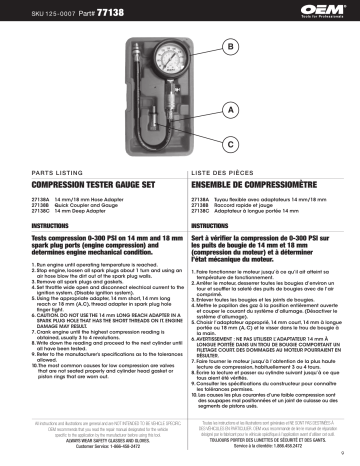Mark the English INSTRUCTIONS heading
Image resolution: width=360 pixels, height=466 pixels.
(x=35, y=229)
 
